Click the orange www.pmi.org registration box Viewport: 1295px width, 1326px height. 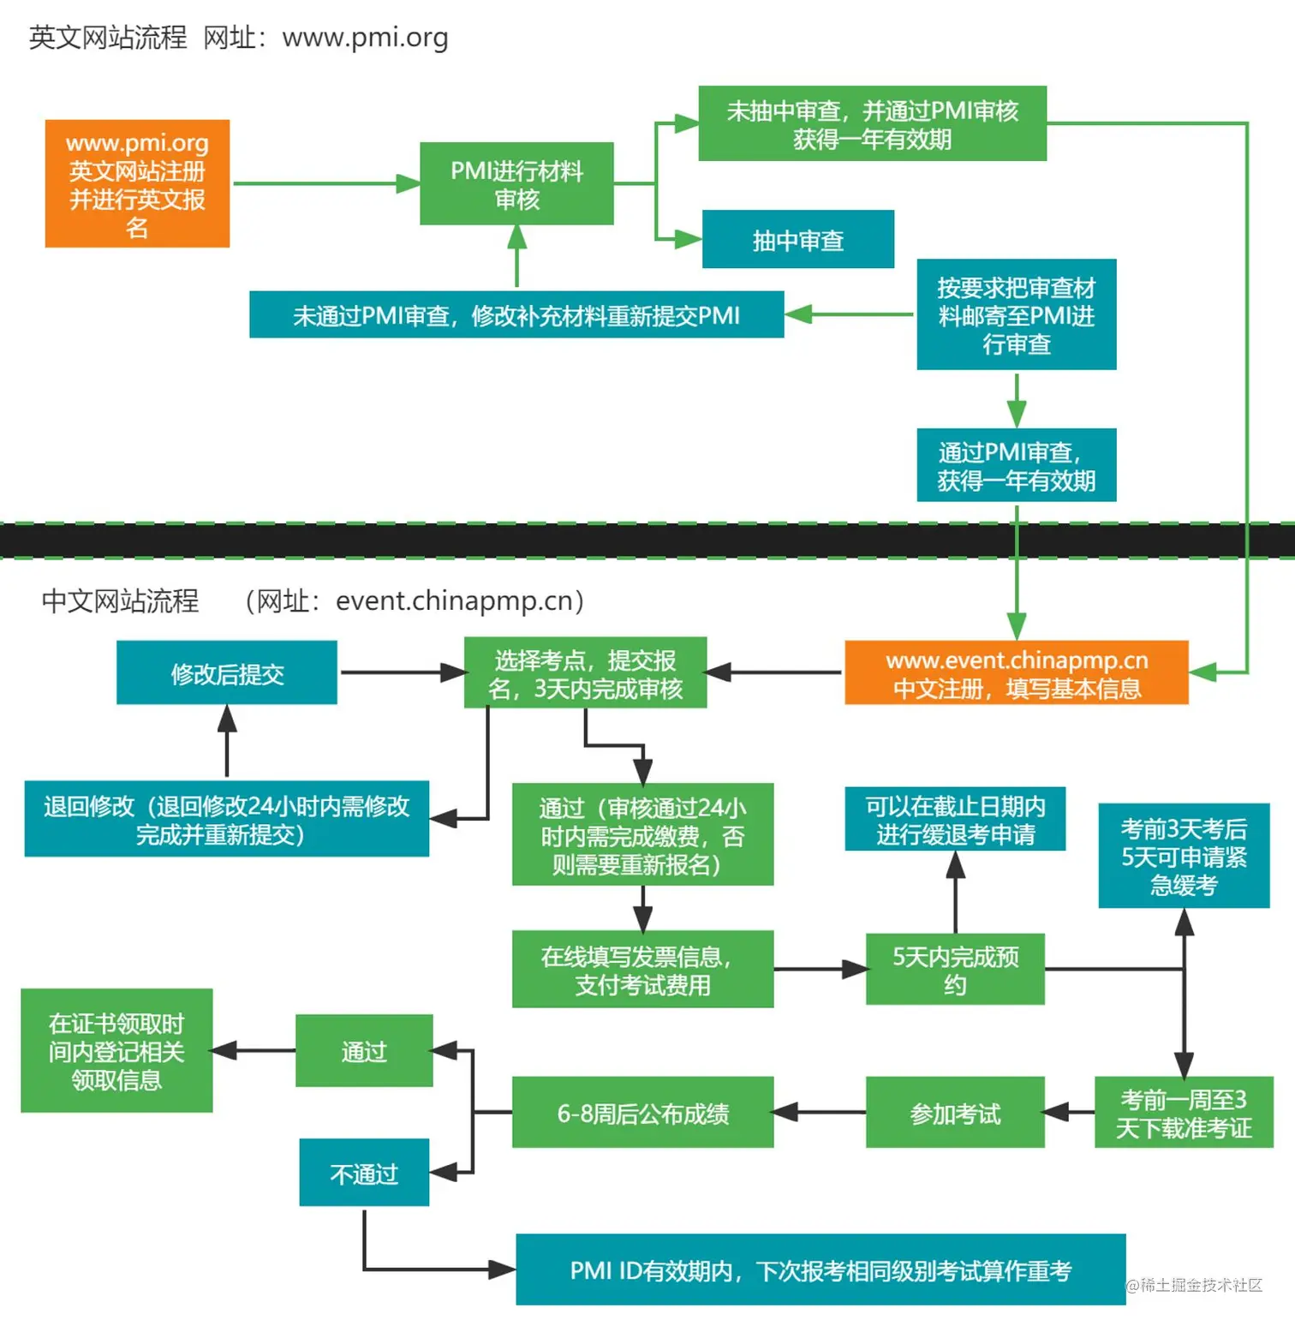click(x=137, y=183)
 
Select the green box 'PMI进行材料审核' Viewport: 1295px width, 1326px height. click(x=516, y=183)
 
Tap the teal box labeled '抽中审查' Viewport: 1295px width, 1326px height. click(x=797, y=240)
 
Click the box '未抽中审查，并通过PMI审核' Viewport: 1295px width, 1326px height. click(x=872, y=123)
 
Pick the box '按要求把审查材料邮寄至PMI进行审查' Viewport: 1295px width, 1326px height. click(x=1016, y=314)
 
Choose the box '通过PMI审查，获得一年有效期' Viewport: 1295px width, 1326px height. click(x=1016, y=465)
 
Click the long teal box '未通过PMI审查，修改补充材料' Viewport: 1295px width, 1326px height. click(x=516, y=314)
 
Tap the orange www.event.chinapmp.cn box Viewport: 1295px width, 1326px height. click(x=1016, y=673)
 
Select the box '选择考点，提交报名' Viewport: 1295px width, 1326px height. click(x=585, y=673)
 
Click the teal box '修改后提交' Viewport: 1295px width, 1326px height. click(x=226, y=673)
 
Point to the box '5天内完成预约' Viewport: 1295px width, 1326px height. click(x=955, y=969)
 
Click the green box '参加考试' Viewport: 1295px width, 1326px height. click(x=955, y=1113)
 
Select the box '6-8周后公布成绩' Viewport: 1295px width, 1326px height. click(x=642, y=1113)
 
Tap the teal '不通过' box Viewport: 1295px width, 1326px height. click(x=364, y=1173)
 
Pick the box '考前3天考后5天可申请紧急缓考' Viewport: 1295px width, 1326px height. click(x=1184, y=856)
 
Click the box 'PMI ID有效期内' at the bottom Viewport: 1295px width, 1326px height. click(x=820, y=1269)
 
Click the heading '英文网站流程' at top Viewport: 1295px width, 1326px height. click(x=108, y=38)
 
